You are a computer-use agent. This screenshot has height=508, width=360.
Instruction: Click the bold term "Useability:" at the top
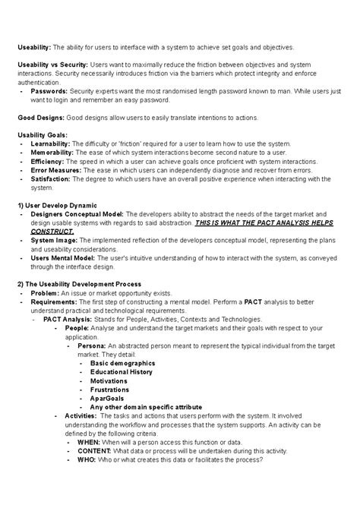tap(33, 47)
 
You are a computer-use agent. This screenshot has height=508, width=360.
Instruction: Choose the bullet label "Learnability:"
tap(52, 144)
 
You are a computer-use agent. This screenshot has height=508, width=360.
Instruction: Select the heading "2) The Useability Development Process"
tap(81, 285)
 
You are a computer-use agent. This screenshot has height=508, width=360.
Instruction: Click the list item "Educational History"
tap(122, 372)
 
